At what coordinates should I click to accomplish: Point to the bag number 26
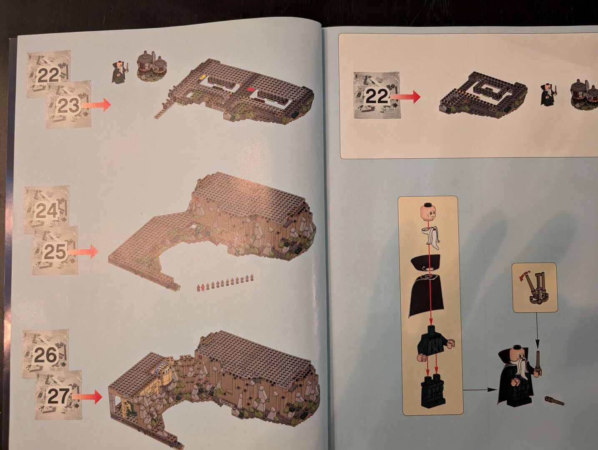click(45, 355)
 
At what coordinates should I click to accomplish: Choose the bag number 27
click(58, 396)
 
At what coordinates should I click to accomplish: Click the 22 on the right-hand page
click(377, 96)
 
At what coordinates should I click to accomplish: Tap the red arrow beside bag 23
click(96, 105)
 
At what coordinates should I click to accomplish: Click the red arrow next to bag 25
click(83, 251)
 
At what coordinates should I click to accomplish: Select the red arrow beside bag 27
click(87, 397)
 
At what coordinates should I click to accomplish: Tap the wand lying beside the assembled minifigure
click(554, 401)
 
